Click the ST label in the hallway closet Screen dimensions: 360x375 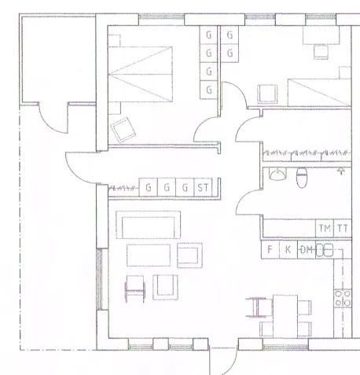[x=203, y=188]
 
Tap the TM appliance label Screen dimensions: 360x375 [x=325, y=229]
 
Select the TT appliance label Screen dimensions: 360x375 [x=343, y=229]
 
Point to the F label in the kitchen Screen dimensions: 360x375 [x=270, y=249]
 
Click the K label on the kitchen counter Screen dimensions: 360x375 [x=288, y=249]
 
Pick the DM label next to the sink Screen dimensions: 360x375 [x=307, y=250]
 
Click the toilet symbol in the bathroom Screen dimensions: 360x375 [x=302, y=178]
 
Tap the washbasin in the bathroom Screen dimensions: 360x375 [x=277, y=175]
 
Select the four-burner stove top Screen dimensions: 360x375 [x=343, y=298]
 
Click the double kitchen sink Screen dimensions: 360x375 [x=325, y=250]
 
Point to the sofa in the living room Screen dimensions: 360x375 [x=149, y=225]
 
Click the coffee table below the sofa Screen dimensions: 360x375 [x=149, y=256]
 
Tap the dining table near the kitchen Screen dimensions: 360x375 [x=285, y=316]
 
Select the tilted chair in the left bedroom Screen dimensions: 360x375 [x=123, y=130]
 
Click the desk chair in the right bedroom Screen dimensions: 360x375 [x=321, y=52]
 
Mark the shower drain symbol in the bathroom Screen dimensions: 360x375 [x=340, y=171]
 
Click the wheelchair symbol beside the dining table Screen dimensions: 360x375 [x=256, y=307]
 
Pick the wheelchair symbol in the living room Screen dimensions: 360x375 [x=135, y=289]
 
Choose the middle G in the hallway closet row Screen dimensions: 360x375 [x=167, y=188]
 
